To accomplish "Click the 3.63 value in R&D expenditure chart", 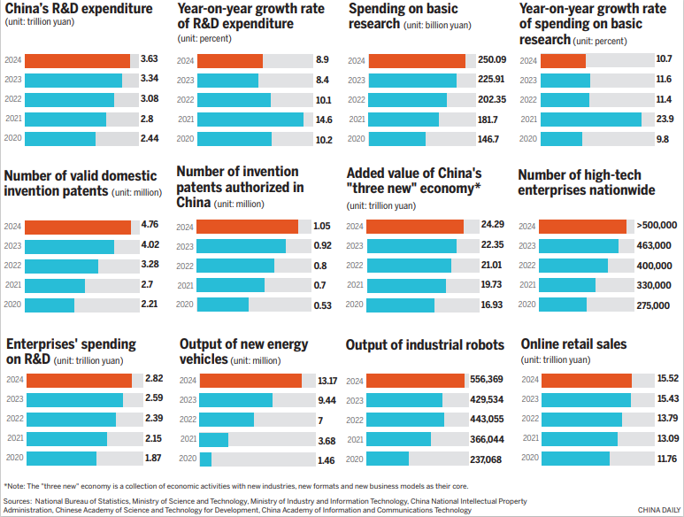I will coord(150,60).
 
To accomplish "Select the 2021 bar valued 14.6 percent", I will coord(250,119).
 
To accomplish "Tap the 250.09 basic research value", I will coord(492,60).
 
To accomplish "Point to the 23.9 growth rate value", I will coord(663,119).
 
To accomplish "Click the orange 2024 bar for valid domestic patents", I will coord(78,227).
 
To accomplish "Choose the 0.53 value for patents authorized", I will coord(322,305).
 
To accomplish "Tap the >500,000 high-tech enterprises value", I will coord(657,227).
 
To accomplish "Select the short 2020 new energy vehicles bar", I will coord(206,459).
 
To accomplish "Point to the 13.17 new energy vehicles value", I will coord(327,381).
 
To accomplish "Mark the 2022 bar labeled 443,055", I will coord(406,420).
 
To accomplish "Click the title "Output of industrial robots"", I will coord(425,345).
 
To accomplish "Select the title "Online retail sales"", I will coord(573,344).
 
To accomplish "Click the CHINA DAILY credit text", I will coord(659,510).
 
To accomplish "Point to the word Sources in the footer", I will coord(19,501).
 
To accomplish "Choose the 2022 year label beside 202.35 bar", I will coord(356,99).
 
